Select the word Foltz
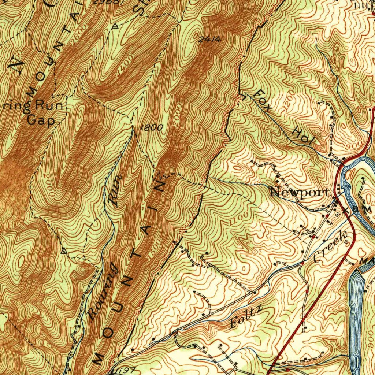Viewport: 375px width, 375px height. (x=246, y=318)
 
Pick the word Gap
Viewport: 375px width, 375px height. (x=40, y=121)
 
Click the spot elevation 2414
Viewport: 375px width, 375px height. (x=209, y=40)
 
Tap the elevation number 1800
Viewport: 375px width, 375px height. (x=151, y=127)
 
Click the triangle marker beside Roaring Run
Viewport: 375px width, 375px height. (x=64, y=251)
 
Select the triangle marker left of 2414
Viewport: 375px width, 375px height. (x=116, y=26)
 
